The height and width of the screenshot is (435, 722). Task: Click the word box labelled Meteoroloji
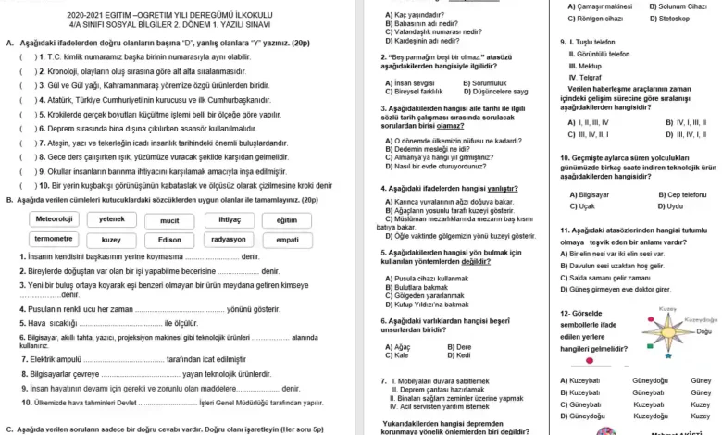coord(55,219)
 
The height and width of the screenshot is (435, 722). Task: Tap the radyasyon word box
coord(229,239)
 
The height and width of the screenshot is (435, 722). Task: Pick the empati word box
coord(288,239)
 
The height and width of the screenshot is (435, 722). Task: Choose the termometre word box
coord(55,239)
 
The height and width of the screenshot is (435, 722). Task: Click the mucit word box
coord(169,219)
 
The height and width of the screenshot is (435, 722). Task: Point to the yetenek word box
coord(112,219)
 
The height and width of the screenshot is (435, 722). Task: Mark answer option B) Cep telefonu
coord(682,194)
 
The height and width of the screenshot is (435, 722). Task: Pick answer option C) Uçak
coord(585,206)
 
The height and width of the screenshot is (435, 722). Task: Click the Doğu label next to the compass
coord(703,331)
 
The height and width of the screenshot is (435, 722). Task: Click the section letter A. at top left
coord(9,43)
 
